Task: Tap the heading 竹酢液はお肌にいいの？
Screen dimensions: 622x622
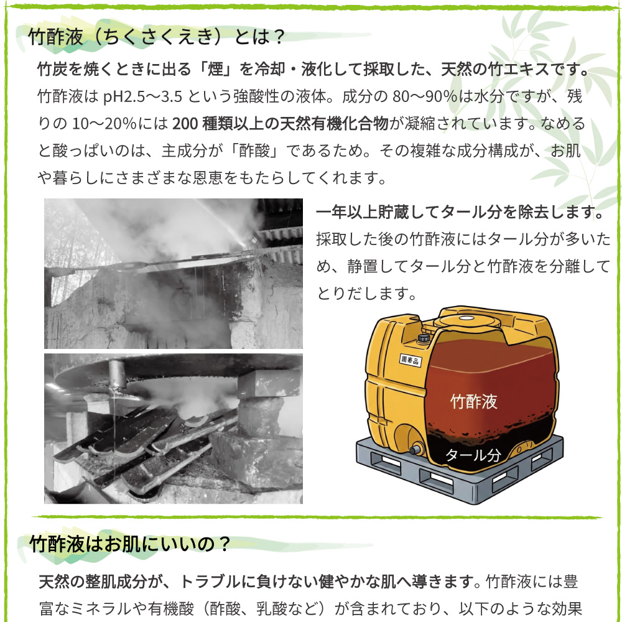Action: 131,545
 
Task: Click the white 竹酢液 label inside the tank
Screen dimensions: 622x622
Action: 474,401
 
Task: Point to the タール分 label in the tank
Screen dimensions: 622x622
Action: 473,455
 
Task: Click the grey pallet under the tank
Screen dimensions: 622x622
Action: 460,479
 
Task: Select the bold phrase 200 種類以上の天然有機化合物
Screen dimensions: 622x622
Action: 281,124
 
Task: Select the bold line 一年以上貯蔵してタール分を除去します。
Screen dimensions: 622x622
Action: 461,212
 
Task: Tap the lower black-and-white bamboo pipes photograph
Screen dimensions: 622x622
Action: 173,429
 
